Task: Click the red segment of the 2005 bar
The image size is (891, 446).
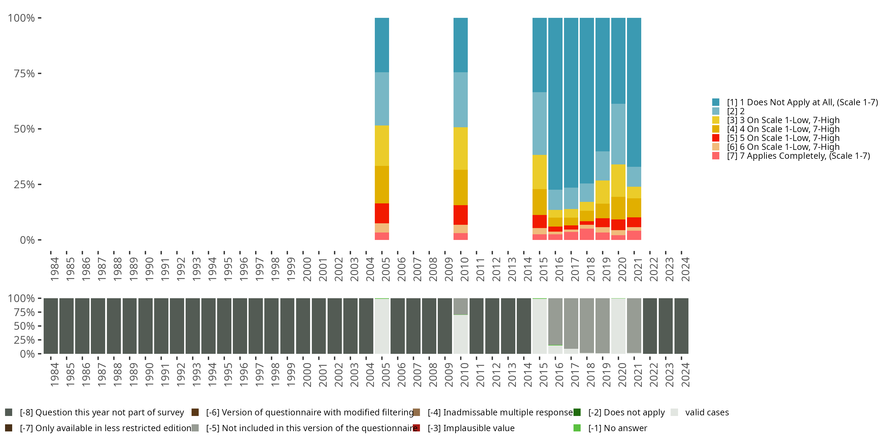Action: (382, 213)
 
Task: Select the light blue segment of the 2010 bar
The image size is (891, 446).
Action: (460, 100)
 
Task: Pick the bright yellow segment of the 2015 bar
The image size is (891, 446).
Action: (539, 172)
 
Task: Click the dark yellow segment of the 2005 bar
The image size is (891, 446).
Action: (382, 184)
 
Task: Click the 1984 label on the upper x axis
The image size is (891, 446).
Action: (54, 269)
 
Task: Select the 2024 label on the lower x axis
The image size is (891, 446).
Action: (685, 375)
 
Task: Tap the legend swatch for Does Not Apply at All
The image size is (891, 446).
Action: (716, 102)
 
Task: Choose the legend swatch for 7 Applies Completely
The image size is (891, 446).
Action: (716, 156)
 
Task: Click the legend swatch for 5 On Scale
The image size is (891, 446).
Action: (716, 138)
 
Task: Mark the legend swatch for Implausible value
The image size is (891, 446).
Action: (416, 428)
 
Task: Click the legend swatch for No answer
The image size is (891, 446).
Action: (577, 428)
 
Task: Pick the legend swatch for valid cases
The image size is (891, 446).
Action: (674, 412)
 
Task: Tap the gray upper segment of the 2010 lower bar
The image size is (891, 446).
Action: (460, 306)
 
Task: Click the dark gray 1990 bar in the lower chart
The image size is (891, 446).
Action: (145, 326)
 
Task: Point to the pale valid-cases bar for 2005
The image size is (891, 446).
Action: (382, 326)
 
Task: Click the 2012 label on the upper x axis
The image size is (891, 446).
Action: (496, 269)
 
